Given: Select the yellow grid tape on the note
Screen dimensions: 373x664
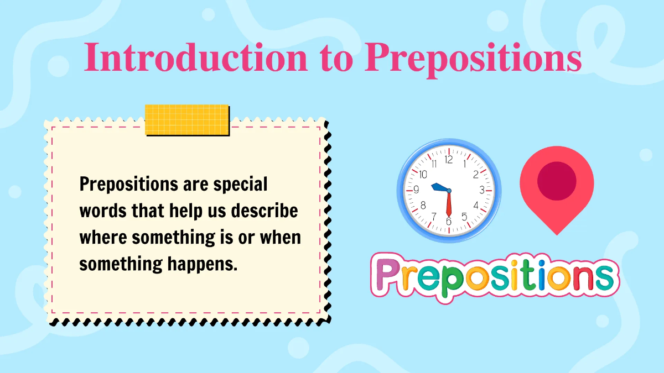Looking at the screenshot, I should click(x=186, y=119).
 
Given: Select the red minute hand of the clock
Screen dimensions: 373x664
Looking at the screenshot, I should click(x=448, y=204).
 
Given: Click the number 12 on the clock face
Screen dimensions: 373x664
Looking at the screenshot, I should click(x=449, y=160).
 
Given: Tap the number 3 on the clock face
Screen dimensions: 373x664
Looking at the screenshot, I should click(x=481, y=190).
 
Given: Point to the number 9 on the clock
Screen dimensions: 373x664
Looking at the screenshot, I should click(x=417, y=190).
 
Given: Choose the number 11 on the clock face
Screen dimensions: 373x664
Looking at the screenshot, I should click(x=434, y=164).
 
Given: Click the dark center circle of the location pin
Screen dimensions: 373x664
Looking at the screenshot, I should click(x=557, y=181).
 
